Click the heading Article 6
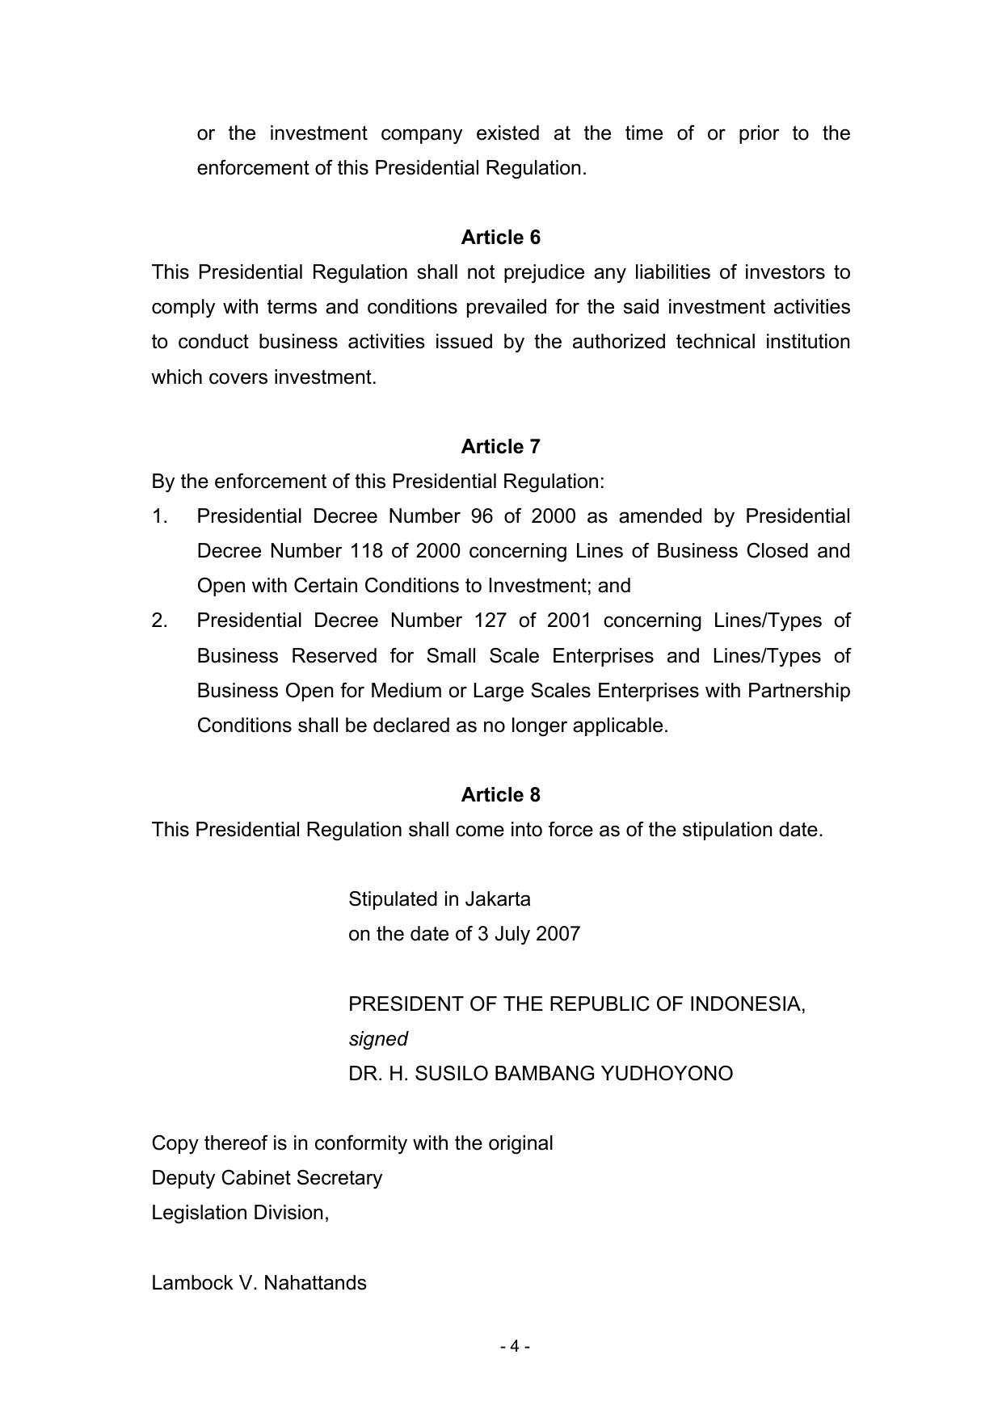(500, 238)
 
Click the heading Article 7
(500, 447)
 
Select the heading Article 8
(500, 795)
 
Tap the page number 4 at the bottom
(515, 1346)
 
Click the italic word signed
(378, 1039)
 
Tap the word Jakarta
(498, 899)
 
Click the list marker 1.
(159, 516)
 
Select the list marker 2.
(159, 621)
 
